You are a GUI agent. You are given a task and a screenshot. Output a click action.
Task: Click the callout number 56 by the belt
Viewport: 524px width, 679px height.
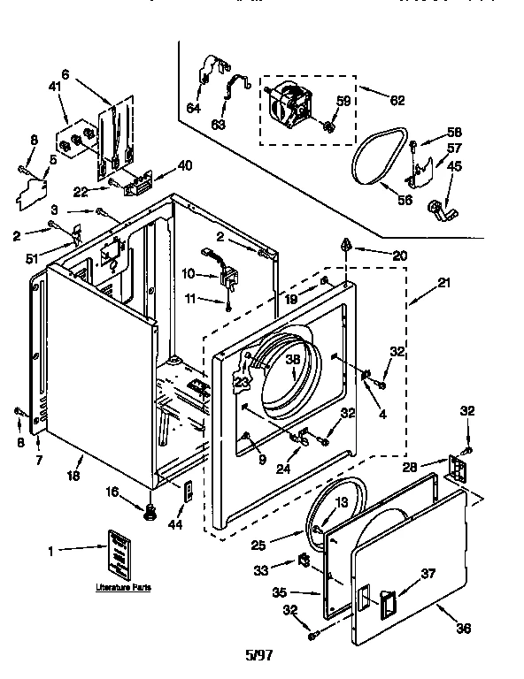point(405,201)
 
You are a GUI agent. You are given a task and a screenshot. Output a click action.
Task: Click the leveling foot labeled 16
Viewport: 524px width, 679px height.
point(150,510)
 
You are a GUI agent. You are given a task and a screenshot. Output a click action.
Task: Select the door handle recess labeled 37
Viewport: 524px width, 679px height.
point(385,604)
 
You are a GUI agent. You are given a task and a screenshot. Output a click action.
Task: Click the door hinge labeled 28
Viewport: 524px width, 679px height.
point(458,469)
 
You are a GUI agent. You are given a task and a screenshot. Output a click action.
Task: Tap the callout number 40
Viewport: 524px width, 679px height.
point(185,164)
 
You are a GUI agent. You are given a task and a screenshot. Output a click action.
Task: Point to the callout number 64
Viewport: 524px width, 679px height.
point(192,108)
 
